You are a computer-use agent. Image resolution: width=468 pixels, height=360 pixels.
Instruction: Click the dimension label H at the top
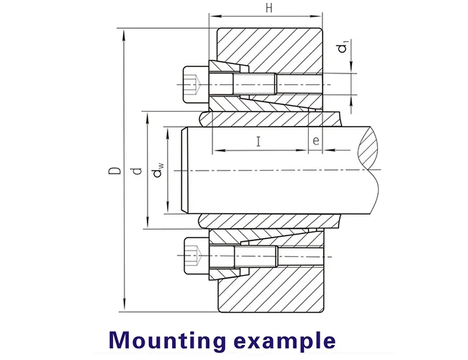click(x=268, y=9)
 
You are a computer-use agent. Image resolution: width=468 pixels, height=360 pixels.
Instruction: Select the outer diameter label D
click(x=113, y=171)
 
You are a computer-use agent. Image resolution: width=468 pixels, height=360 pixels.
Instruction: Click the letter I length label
click(x=258, y=140)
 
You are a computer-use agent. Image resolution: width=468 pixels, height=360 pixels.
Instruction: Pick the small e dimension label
click(x=316, y=140)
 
